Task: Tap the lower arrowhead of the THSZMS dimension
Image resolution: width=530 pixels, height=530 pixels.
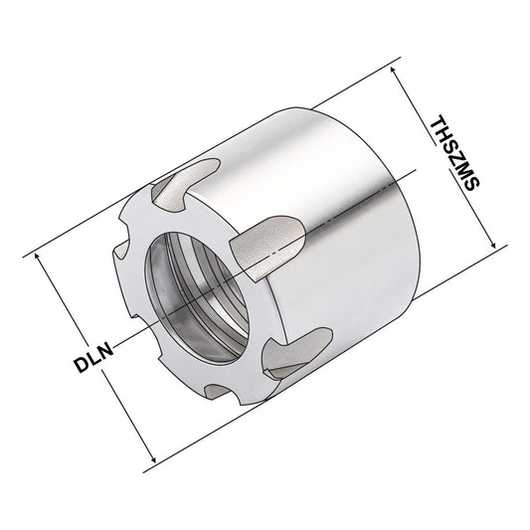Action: point(492,247)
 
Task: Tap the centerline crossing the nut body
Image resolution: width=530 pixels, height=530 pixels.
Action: point(328,220)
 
